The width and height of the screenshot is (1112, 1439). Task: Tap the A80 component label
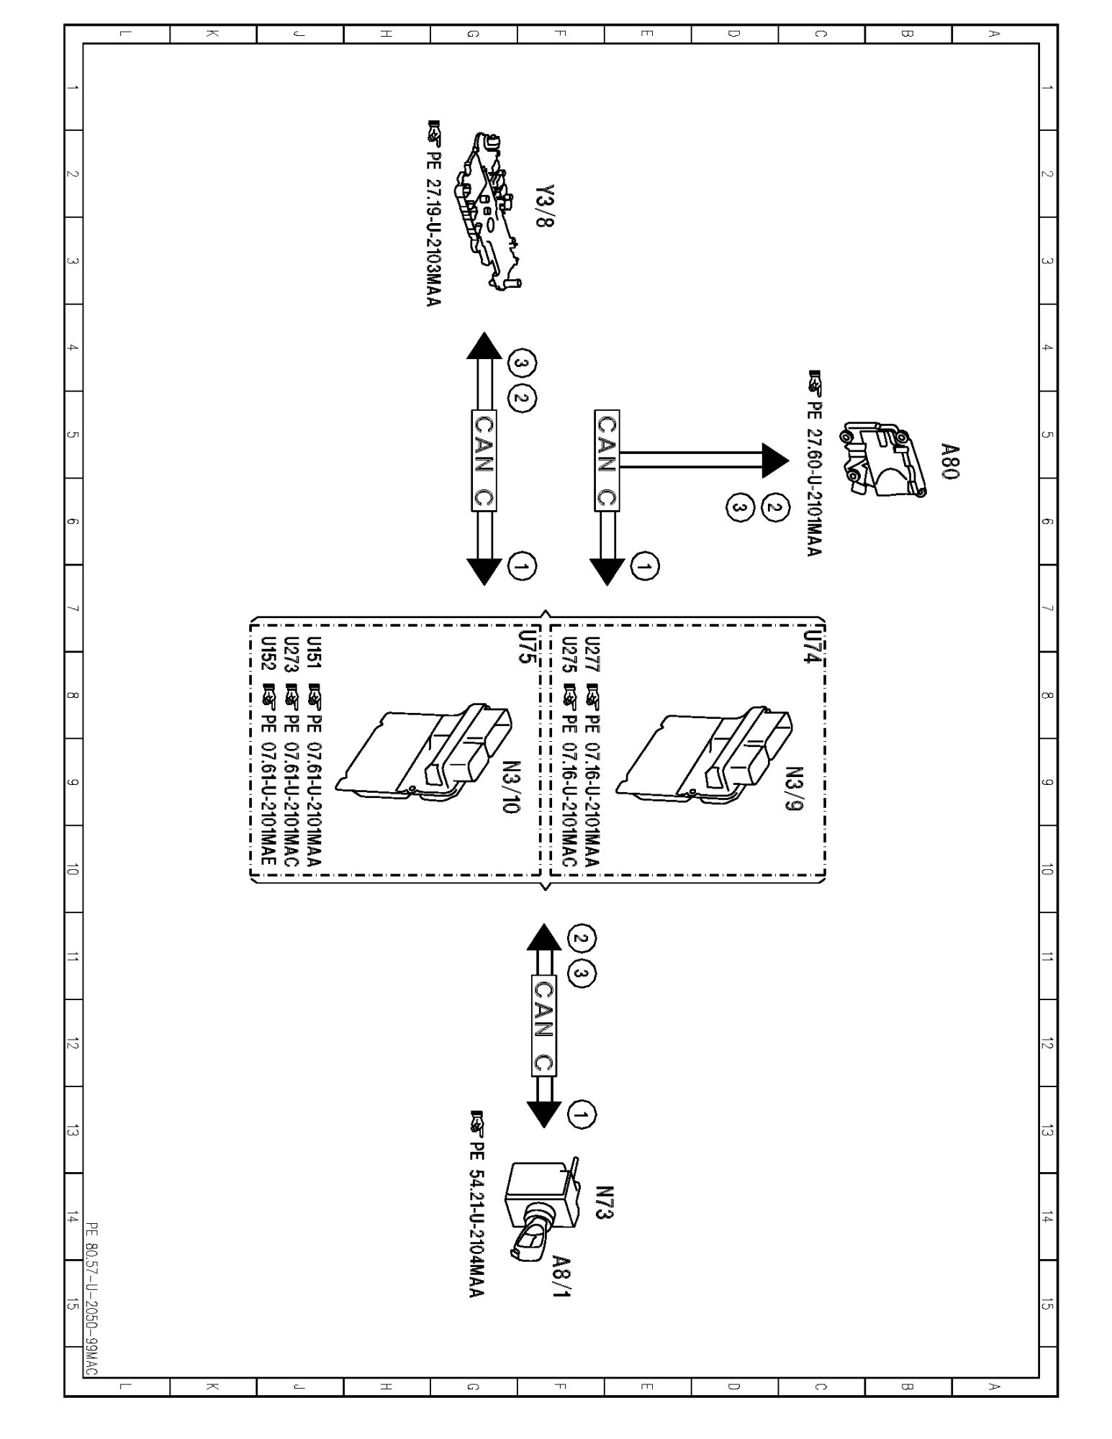[x=951, y=461]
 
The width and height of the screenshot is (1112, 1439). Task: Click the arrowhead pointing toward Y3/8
[x=484, y=345]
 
